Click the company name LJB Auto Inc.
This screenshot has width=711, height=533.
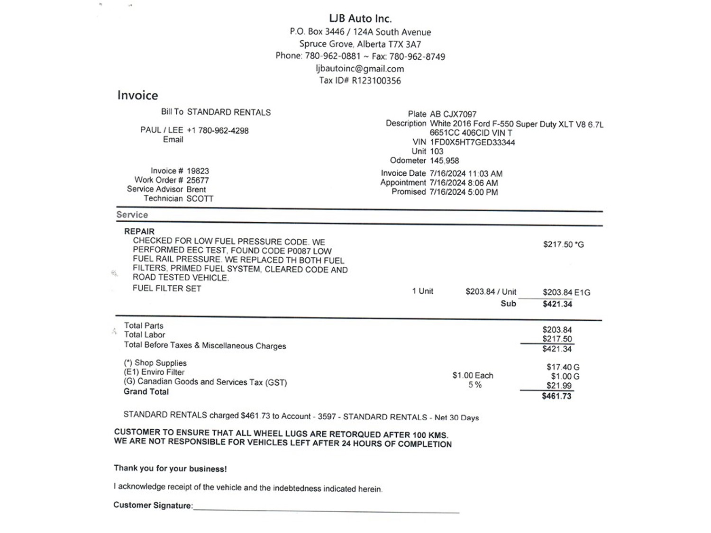pyautogui.click(x=360, y=19)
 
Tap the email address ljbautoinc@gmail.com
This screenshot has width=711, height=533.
pyautogui.click(x=360, y=69)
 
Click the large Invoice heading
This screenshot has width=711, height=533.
pyautogui.click(x=137, y=95)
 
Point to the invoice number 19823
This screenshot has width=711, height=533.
pyautogui.click(x=198, y=171)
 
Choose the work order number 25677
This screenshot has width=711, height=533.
pyautogui.click(x=198, y=180)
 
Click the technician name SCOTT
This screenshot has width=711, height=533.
pyautogui.click(x=200, y=199)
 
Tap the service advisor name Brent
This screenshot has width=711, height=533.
pyautogui.click(x=196, y=189)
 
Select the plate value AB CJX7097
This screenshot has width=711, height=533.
pyautogui.click(x=453, y=114)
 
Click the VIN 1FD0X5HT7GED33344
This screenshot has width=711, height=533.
pyautogui.click(x=472, y=142)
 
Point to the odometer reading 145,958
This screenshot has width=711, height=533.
pyautogui.click(x=444, y=161)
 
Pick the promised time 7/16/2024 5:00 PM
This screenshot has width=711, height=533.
pyautogui.click(x=464, y=192)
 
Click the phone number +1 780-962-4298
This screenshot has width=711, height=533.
pyautogui.click(x=218, y=131)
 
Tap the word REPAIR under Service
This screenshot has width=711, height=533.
pyautogui.click(x=139, y=231)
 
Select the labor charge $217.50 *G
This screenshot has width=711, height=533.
pyautogui.click(x=563, y=244)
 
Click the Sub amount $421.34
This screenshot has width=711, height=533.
pyautogui.click(x=557, y=304)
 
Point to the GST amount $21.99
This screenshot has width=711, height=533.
pyautogui.click(x=559, y=386)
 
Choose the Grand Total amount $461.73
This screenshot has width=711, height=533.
pyautogui.click(x=556, y=396)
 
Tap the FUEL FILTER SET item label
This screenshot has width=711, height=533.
pyautogui.click(x=167, y=288)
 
